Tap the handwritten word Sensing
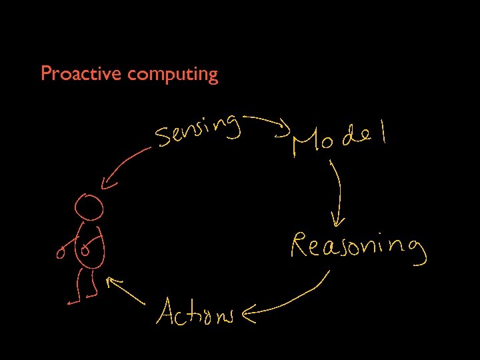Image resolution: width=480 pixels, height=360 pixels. pyautogui.click(x=197, y=129)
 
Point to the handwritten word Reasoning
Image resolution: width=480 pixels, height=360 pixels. pyautogui.click(x=357, y=247)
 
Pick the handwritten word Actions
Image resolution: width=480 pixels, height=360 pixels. pyautogui.click(x=195, y=311)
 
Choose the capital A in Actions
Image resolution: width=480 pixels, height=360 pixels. pyautogui.click(x=166, y=311)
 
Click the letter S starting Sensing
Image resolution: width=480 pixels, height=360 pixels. pyautogui.click(x=162, y=138)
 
